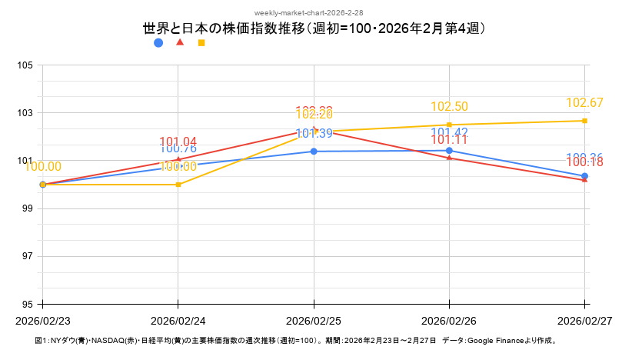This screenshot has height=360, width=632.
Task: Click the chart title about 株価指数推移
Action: pyautogui.click(x=315, y=28)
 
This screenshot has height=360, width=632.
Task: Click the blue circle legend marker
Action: pyautogui.click(x=158, y=43)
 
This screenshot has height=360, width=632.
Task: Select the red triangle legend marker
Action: pyautogui.click(x=180, y=42)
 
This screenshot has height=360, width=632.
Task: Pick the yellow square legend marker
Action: pyautogui.click(x=201, y=43)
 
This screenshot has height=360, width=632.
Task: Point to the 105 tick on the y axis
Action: pyautogui.click(x=25, y=65)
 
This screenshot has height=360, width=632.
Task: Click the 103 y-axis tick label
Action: pyautogui.click(x=25, y=113)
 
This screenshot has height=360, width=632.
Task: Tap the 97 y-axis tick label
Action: pyautogui.click(x=25, y=256)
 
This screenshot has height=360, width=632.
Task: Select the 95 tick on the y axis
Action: pyautogui.click(x=25, y=304)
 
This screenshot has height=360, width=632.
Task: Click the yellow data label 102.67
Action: pyautogui.click(x=584, y=103)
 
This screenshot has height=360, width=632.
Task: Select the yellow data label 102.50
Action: pyautogui.click(x=449, y=107)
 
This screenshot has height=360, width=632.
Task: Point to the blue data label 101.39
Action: pyautogui.click(x=314, y=134)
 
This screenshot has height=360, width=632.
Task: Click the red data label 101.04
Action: pyautogui.click(x=178, y=142)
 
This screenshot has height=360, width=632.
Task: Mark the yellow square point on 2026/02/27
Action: pyautogui.click(x=584, y=121)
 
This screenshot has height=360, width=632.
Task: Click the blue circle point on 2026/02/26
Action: pyautogui.click(x=449, y=151)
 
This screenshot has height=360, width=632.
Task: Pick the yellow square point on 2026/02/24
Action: pyautogui.click(x=178, y=185)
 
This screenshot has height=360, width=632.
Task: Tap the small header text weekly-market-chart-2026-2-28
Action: pyautogui.click(x=315, y=13)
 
